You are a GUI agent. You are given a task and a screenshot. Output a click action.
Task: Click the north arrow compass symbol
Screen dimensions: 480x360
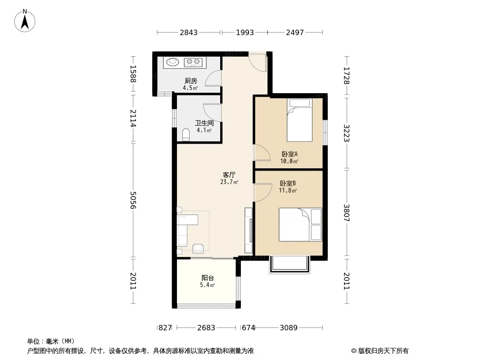point(25,21)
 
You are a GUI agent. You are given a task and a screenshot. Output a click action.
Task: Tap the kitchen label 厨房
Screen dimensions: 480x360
point(191,81)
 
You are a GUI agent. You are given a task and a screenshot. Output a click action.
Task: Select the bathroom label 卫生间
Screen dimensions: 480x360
point(204,123)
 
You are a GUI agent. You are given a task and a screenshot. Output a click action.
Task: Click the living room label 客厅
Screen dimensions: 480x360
point(229,175)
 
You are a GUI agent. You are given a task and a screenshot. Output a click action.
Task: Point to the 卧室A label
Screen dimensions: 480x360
point(290,154)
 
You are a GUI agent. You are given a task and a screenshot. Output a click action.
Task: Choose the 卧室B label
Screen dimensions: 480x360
point(288,183)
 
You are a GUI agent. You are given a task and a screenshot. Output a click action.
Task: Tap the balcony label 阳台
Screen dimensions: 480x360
point(208,278)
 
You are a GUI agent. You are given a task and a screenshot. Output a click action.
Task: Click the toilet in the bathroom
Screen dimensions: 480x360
point(186,135)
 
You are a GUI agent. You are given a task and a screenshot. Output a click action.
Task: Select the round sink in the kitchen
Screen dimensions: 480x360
point(172,62)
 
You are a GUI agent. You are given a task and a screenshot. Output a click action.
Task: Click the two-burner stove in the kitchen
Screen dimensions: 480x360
point(193,63)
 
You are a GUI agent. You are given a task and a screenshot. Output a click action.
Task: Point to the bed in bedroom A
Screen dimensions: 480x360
point(299,120)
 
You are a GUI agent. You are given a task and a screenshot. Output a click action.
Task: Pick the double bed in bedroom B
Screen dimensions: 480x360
point(300,225)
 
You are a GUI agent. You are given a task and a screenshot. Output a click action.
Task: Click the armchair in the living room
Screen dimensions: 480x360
point(198,248)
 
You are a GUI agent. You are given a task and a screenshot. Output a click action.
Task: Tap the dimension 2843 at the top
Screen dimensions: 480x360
point(189,32)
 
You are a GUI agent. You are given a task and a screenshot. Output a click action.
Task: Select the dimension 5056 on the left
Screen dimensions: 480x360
point(133,200)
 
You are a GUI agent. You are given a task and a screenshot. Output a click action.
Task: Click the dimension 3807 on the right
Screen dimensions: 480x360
point(347,213)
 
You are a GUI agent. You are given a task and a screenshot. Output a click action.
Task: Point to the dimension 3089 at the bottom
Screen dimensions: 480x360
point(289,328)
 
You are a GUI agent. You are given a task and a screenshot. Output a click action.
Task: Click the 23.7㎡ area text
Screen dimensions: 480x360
point(229,182)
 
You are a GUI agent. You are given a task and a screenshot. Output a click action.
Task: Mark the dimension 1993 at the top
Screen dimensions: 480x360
point(245,32)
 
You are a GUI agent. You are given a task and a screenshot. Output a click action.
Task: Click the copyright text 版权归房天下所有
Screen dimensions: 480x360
point(383,351)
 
